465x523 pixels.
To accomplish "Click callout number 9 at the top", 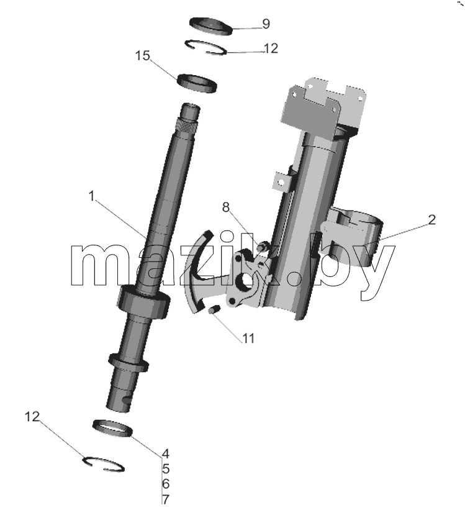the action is click(266, 24).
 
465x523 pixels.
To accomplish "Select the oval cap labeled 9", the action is click(210, 26).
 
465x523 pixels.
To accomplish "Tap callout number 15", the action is click(143, 56).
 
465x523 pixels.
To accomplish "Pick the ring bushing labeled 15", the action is click(197, 83).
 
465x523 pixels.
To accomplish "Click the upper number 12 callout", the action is click(271, 48).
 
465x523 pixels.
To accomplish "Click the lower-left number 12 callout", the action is click(32, 417).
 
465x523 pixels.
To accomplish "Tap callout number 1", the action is click(92, 196).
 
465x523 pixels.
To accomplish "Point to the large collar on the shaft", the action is click(143, 301).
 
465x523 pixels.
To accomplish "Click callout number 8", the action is click(226, 207).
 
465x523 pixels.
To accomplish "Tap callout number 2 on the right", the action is click(431, 220).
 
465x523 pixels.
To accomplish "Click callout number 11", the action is click(248, 339).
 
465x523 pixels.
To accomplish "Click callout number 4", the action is click(166, 453).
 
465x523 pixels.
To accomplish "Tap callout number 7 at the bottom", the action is click(166, 499).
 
